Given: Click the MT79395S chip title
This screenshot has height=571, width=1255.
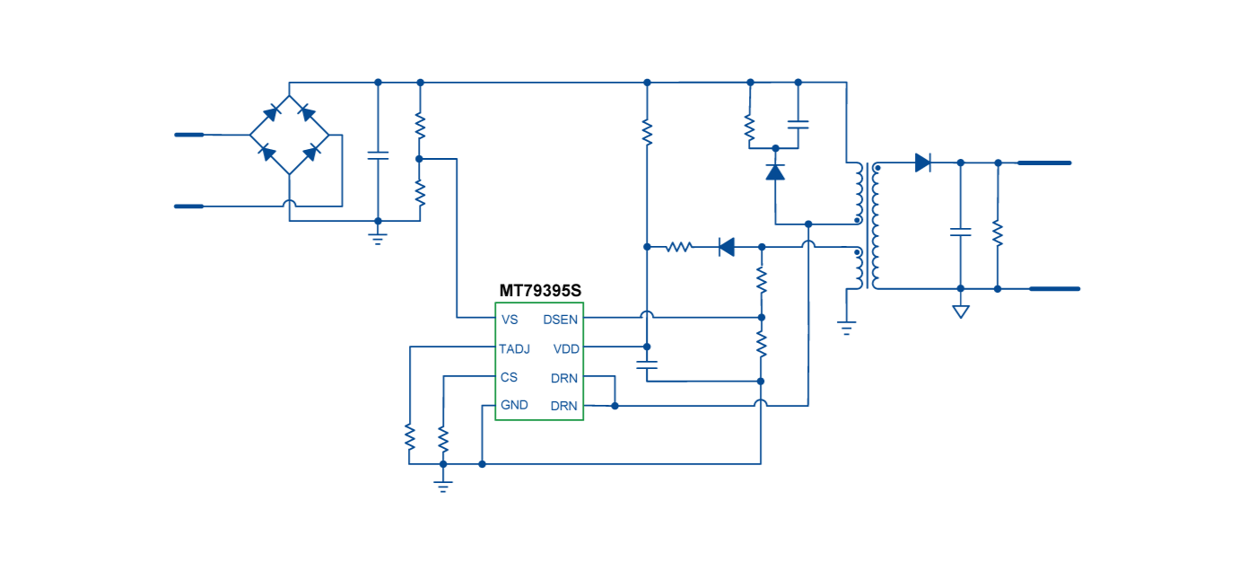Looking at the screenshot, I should click(540, 291).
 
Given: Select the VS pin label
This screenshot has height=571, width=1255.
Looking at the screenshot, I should click(510, 320).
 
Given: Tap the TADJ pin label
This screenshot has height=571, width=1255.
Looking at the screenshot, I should click(515, 348).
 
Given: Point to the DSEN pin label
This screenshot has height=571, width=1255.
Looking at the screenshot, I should click(561, 320).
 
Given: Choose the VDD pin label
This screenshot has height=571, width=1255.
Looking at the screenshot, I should click(566, 348).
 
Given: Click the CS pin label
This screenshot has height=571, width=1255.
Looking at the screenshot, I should click(509, 377).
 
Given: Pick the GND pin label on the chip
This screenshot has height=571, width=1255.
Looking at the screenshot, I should click(514, 405).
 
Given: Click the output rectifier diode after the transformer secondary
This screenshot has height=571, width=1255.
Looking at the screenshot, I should click(922, 163).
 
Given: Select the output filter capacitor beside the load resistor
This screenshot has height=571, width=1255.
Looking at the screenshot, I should click(961, 232).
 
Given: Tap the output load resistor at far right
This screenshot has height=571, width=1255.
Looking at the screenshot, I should click(998, 233).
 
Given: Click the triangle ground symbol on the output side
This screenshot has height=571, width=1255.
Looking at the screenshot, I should click(961, 312).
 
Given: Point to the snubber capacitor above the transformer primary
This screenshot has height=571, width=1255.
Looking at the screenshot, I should click(797, 124).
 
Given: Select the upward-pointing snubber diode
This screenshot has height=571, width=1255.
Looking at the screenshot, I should click(775, 171).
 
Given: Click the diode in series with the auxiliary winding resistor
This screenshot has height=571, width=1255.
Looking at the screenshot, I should click(727, 246).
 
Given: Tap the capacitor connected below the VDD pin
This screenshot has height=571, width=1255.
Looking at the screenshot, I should click(646, 365).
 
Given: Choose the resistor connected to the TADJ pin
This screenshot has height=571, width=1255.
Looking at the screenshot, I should click(409, 437).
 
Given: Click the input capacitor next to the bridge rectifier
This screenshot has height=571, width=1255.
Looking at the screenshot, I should click(378, 155).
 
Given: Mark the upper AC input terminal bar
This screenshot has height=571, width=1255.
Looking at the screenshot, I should click(189, 135).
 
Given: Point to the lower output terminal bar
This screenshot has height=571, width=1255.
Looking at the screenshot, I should click(1054, 289).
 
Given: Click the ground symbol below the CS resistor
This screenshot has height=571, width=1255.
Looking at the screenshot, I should click(442, 486).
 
